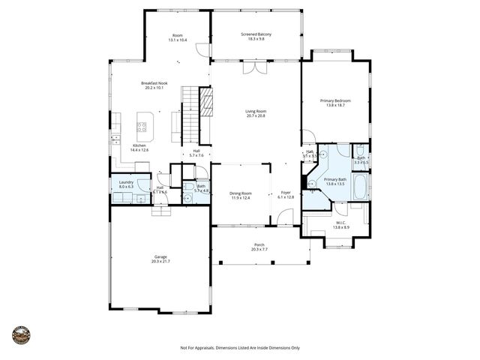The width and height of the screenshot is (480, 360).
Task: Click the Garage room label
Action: click(160, 256)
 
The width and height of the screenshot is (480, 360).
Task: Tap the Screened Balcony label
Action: click(256, 34)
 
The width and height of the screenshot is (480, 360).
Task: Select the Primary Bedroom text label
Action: click(335, 100)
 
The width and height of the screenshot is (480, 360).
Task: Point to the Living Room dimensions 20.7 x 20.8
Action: click(256, 116)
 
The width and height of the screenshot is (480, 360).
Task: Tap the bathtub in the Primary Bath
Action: click(360, 187)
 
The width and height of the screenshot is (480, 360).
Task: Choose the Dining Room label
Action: click(241, 193)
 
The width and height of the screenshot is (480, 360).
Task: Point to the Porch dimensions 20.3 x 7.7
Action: click(259, 249)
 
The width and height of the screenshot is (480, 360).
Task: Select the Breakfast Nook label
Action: click(153, 83)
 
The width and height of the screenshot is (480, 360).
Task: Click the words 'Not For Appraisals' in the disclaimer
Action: click(197, 348)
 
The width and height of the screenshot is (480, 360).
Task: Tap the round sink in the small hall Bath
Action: click(188, 199)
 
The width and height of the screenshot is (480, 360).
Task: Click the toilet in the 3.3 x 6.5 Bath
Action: click(361, 150)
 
